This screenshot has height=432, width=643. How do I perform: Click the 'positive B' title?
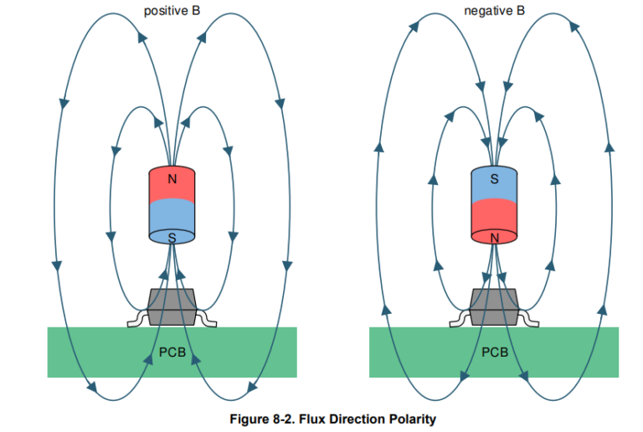click(x=172, y=11)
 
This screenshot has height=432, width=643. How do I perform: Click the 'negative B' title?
click(x=495, y=11)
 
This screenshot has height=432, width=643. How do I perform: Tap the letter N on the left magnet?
click(x=172, y=179)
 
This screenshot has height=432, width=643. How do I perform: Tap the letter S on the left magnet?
click(x=172, y=238)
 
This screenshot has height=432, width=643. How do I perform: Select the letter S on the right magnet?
click(x=495, y=179)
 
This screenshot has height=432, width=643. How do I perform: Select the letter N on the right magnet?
click(x=495, y=238)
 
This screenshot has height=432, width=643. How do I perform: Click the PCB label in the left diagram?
click(x=172, y=352)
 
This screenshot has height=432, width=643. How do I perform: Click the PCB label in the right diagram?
click(x=495, y=352)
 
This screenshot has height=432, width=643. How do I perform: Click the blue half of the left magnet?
click(x=172, y=219)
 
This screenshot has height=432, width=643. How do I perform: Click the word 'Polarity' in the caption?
click(x=411, y=419)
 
